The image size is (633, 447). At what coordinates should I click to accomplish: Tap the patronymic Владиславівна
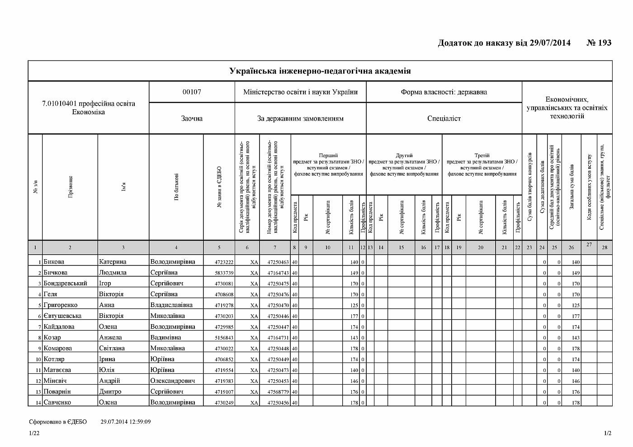point(171,305)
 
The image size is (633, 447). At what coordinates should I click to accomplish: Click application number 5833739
point(224,273)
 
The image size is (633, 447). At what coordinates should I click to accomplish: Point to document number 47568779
point(278,392)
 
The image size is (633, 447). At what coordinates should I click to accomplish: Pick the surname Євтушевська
point(62,316)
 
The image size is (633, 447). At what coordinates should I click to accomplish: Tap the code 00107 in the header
point(192,92)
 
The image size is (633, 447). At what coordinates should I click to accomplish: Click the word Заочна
point(192,119)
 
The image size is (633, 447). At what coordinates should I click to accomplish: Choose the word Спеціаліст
point(444,119)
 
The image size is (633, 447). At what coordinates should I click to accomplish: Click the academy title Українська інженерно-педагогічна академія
point(320,71)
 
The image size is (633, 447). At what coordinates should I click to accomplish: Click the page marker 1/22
point(34,433)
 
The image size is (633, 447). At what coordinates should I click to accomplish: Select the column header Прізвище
point(70,187)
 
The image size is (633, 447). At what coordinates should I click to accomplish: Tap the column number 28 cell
point(605,247)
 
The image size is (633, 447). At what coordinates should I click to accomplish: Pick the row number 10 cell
point(35,359)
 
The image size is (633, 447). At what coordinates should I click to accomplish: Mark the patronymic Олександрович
point(173,381)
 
